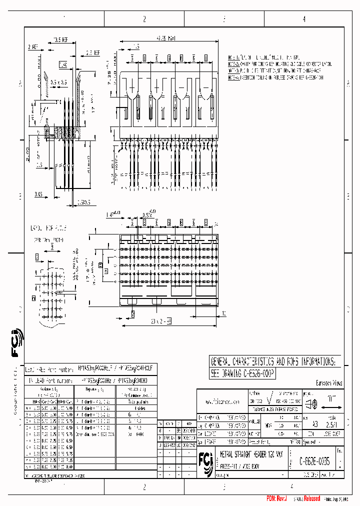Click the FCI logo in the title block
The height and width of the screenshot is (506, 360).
pyautogui.click(x=205, y=458)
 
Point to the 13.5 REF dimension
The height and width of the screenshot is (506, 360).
pyautogui.click(x=60, y=38)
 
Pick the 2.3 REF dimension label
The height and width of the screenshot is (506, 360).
pyautogui.click(x=92, y=51)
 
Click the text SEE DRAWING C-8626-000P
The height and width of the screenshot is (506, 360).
pyautogui.click(x=242, y=373)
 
